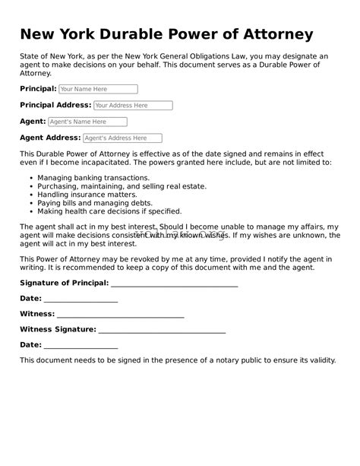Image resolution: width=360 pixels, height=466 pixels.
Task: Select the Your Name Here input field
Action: click(x=98, y=89)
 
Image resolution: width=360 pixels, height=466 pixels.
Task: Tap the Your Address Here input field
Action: click(x=133, y=106)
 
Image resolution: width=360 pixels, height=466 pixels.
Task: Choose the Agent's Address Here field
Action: click(x=122, y=138)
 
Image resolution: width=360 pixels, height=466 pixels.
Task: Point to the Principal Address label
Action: click(x=55, y=105)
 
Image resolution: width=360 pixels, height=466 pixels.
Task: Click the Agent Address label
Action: click(x=50, y=138)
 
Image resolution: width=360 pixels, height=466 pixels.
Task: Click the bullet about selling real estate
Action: click(x=122, y=185)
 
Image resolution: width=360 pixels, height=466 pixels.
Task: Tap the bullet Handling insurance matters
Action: click(x=83, y=194)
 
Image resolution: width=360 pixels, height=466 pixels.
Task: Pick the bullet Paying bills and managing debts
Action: click(x=95, y=203)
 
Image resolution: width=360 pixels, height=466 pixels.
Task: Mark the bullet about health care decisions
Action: click(x=109, y=211)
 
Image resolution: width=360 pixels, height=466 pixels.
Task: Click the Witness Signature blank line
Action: click(x=162, y=331)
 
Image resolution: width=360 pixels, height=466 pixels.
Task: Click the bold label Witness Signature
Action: click(x=58, y=329)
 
